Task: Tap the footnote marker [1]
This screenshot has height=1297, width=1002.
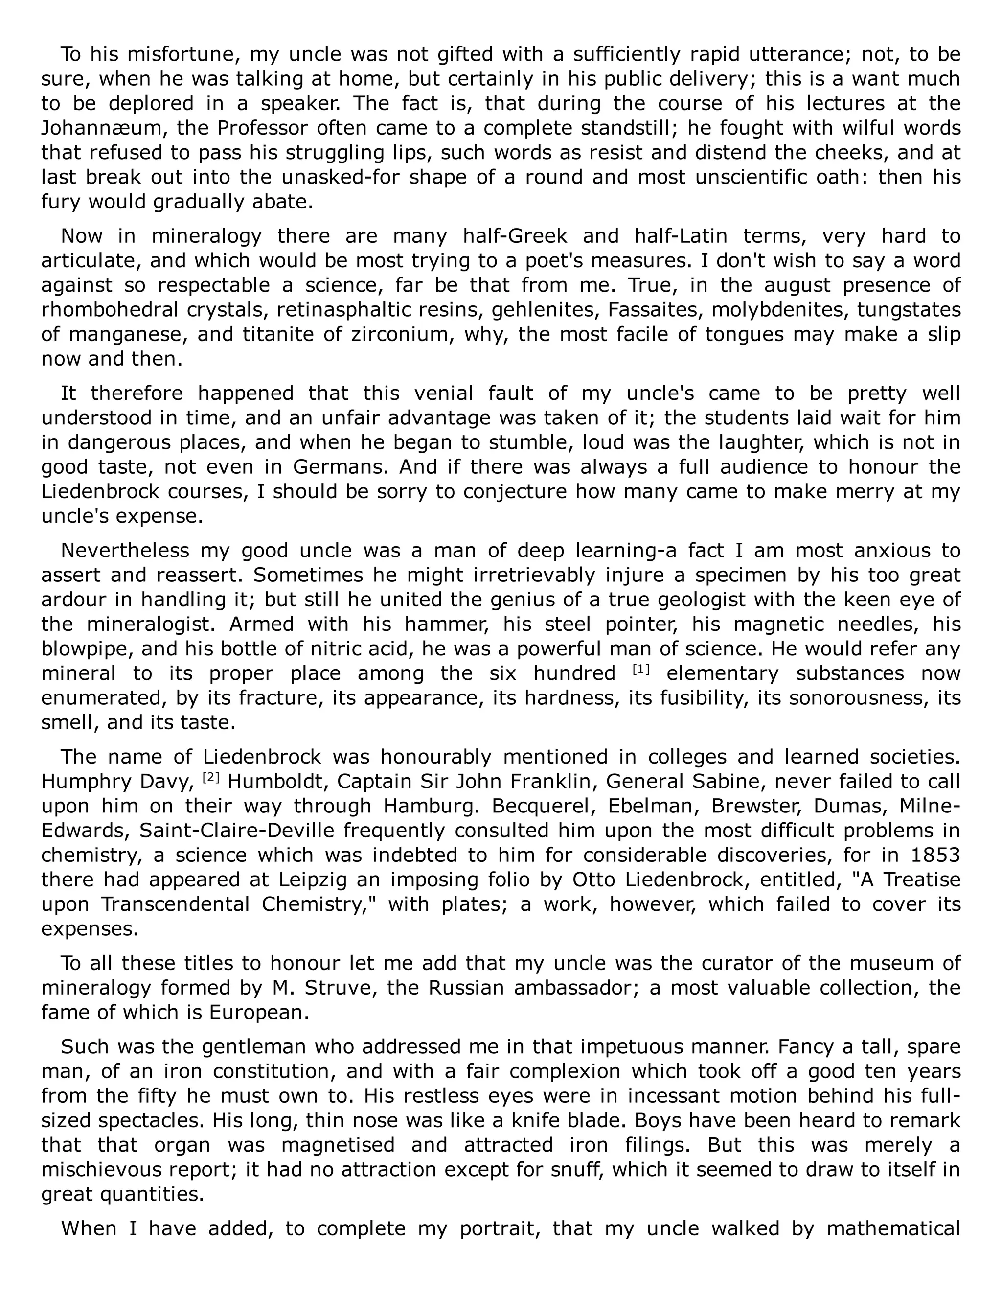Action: [x=640, y=670]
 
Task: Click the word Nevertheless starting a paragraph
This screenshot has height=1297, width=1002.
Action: [x=125, y=551]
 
